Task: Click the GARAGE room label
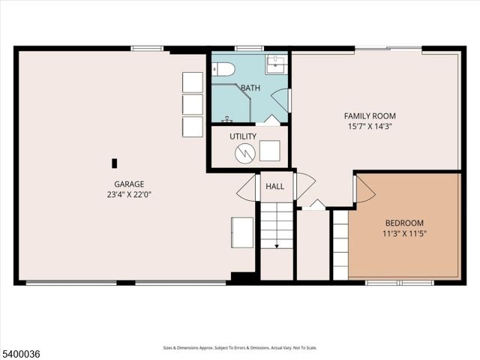pos(129,184)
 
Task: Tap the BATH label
pos(250,88)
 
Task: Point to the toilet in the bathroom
pos(224,70)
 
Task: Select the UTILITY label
pos(243,136)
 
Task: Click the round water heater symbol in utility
pos(245,153)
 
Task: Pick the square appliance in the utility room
pos(270,150)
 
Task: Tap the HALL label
pos(274,186)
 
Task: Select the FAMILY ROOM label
pos(370,116)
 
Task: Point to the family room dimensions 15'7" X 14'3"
pos(370,127)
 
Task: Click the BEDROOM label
pos(404,223)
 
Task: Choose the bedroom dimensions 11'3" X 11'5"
pos(404,233)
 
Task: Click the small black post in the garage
pos(115,163)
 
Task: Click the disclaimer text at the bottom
pos(240,348)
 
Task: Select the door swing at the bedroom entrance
pos(363,190)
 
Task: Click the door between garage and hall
pos(248,188)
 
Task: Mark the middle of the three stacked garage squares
pos(193,104)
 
